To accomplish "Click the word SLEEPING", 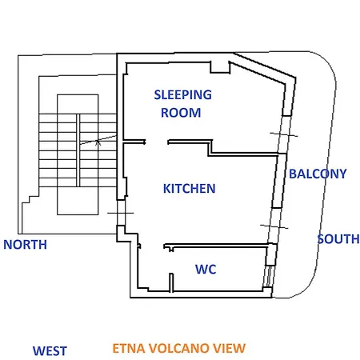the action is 183,95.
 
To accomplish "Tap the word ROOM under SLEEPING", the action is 181,113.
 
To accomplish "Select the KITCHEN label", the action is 189,189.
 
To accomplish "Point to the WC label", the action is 206,269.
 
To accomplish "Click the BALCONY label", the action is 318,174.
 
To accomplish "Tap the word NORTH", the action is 25,245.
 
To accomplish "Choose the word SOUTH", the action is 338,239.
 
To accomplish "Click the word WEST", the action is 50,351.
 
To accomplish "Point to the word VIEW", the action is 227,348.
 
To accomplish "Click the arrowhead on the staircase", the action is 98,142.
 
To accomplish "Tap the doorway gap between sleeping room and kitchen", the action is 157,142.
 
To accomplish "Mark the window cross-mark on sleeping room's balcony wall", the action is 284,134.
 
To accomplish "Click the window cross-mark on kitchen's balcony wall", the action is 274,226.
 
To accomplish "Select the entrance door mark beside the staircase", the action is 121,213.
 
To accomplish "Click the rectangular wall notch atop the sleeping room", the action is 220,67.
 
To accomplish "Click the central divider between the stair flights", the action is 78,150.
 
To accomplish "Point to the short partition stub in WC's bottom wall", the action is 171,282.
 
